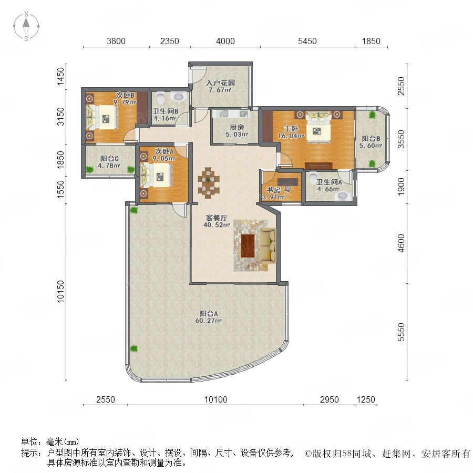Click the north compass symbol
click(x=26, y=26)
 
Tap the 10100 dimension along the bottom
click(x=215, y=400)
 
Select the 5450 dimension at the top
click(x=307, y=41)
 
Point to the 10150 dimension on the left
click(x=60, y=291)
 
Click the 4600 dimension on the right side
click(x=401, y=243)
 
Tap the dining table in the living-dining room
click(x=209, y=183)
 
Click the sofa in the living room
click(x=268, y=245)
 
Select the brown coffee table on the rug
click(x=248, y=245)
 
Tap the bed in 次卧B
click(x=101, y=117)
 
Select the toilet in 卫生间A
click(x=313, y=178)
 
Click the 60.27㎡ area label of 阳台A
click(x=209, y=321)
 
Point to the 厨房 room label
click(x=237, y=128)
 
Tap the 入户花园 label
click(x=221, y=83)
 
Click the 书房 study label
click(x=273, y=190)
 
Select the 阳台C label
click(x=109, y=159)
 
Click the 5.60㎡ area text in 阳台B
click(x=371, y=146)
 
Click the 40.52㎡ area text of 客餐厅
click(x=217, y=225)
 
